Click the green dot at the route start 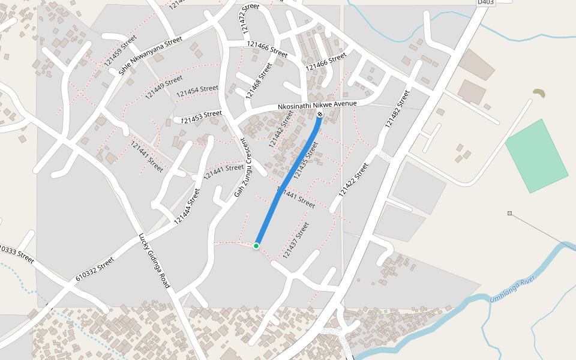256,246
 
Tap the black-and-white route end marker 320,114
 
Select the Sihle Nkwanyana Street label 150,55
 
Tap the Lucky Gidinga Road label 155,260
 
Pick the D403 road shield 486,2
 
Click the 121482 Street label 397,109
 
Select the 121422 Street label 353,180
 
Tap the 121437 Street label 296,240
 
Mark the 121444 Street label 187,206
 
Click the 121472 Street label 249,18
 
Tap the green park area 537,156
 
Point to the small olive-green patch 539,93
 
